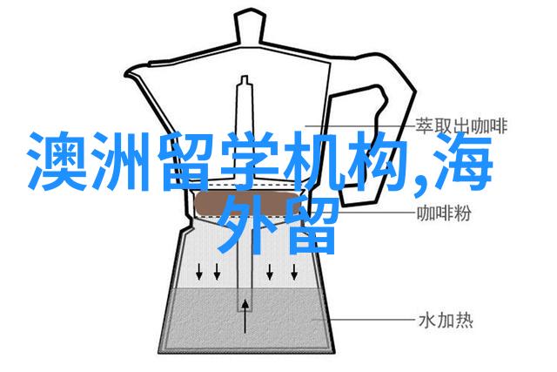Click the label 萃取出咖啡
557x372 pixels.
click(x=461, y=126)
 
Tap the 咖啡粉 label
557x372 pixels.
click(x=444, y=213)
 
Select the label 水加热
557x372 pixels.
click(x=446, y=321)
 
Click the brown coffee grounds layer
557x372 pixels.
click(x=245, y=205)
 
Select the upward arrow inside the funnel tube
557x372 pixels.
click(x=245, y=316)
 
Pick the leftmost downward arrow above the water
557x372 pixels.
click(x=199, y=271)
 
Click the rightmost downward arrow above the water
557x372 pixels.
click(x=294, y=271)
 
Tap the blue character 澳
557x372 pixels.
click(x=56, y=161)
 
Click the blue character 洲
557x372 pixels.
click(x=120, y=161)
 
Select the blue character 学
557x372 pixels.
click(x=249, y=161)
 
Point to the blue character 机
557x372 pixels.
click(x=312, y=161)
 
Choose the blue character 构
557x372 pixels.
click(x=377, y=161)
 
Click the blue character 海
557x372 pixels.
click(x=462, y=161)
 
